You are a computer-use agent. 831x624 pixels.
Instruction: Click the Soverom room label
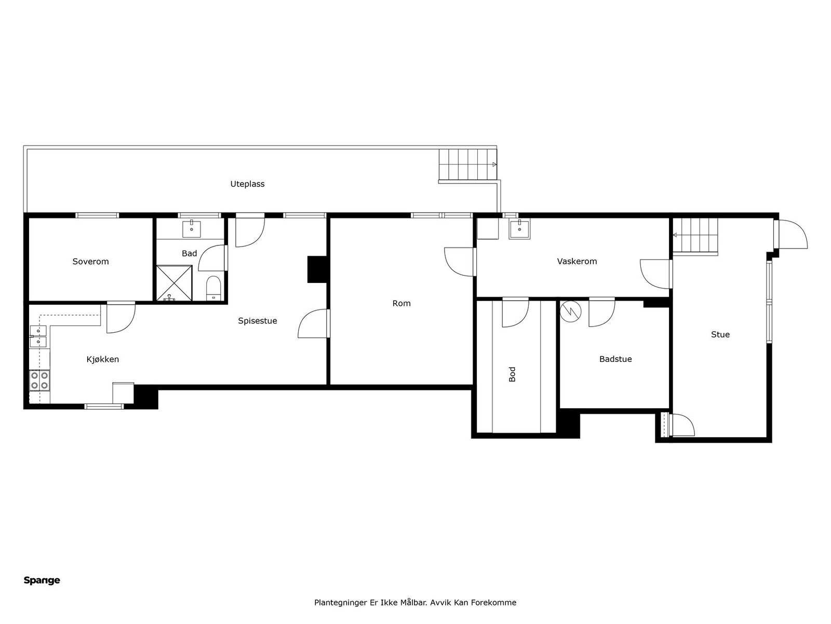coord(90,262)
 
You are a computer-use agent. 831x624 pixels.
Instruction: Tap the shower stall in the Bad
coord(174,283)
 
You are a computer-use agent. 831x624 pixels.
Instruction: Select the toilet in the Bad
coord(213,288)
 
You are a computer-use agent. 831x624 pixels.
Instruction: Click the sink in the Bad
coord(192,228)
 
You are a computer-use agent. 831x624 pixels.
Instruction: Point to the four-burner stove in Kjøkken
coord(39,380)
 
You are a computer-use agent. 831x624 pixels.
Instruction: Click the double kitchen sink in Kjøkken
coord(38,336)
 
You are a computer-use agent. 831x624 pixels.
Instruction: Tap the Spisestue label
coord(257,321)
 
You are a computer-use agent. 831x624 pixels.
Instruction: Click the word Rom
coord(401,303)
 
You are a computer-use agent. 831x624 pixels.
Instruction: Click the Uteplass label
coord(247,184)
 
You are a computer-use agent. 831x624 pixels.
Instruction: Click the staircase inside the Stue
coord(695,235)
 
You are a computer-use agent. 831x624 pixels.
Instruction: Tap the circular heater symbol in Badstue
coord(571,311)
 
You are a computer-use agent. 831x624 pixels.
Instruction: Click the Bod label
coord(512,374)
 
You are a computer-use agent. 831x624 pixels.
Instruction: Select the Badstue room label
coord(615,359)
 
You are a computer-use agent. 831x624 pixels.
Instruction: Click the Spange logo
coord(42,580)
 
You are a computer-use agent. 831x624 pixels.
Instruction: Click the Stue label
coord(720,334)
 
